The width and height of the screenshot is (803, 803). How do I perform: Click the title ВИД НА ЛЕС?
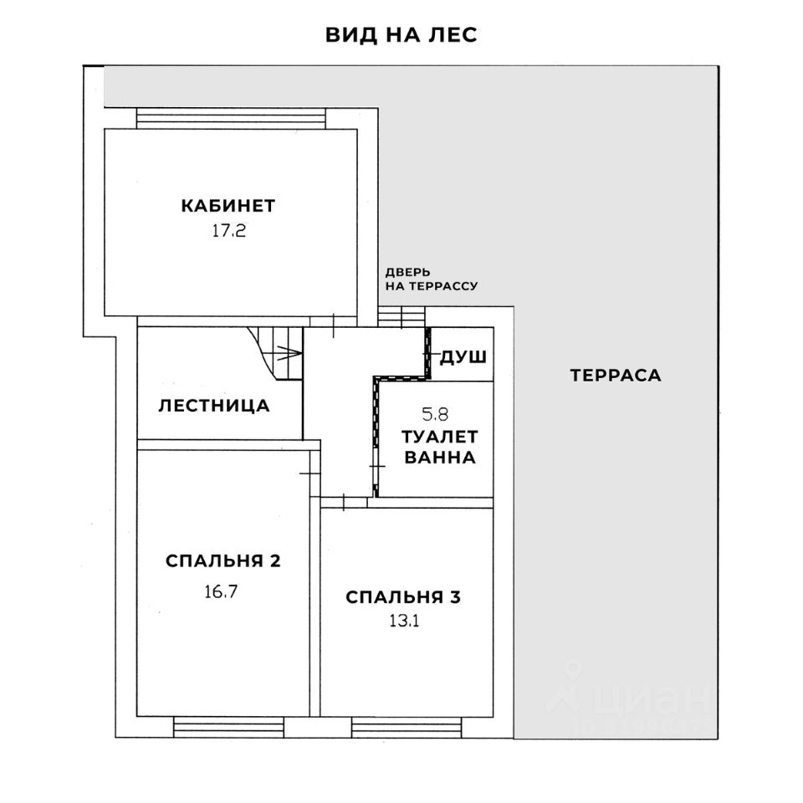point(401,35)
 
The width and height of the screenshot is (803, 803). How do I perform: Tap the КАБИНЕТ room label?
point(228,206)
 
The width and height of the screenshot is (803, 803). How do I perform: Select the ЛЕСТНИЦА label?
point(214,407)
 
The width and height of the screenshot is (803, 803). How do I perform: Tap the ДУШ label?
point(463,357)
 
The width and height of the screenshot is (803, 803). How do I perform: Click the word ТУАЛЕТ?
point(440,436)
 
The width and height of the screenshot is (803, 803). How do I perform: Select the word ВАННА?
point(440,458)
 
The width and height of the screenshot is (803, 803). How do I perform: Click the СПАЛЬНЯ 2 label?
point(222,560)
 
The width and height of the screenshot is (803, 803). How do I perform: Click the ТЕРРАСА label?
point(616,375)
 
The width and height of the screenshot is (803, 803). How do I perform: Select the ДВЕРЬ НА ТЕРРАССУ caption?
point(431,279)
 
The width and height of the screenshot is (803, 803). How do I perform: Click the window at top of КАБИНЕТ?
point(231,118)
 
